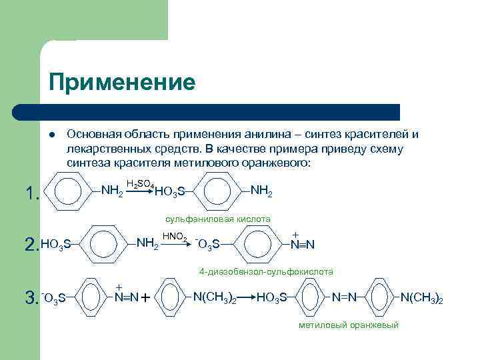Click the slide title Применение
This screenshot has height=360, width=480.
point(121,82)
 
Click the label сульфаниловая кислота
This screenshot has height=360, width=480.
point(218,219)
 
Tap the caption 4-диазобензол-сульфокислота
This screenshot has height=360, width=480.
point(267,272)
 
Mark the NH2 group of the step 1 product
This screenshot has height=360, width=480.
point(261,191)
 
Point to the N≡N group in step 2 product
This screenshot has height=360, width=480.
point(302,245)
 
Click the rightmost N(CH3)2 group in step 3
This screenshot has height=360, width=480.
point(421,297)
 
